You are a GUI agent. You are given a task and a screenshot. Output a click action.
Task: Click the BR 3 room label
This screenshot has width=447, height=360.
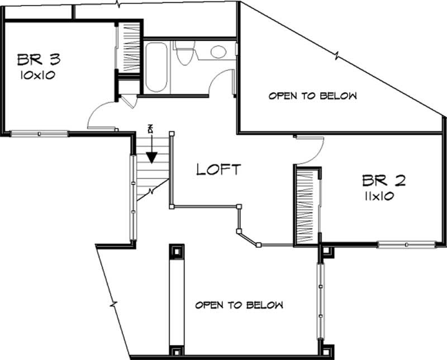click(39, 59)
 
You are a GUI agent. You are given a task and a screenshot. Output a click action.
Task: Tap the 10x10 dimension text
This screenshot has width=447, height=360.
click(39, 75)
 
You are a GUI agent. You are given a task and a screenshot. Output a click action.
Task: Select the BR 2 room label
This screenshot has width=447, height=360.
click(383, 181)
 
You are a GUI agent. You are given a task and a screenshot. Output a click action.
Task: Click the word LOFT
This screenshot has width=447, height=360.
click(218, 169)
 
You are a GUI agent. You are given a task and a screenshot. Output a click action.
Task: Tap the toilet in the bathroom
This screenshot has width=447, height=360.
click(183, 53)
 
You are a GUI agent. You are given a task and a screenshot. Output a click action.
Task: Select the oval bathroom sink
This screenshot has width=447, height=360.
click(218, 52)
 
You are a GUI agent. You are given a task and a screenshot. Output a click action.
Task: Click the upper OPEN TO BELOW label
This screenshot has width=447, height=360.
click(312, 96)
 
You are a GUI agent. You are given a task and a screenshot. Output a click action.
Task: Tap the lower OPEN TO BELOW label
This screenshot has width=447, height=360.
click(239, 305)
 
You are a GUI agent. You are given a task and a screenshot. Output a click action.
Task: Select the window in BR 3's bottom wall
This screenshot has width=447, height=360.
click(39, 134)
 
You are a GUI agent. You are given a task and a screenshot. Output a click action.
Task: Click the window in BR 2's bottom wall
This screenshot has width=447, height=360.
click(406, 244)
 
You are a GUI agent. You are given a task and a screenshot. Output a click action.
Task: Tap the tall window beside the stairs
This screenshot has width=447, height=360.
click(133, 198)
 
